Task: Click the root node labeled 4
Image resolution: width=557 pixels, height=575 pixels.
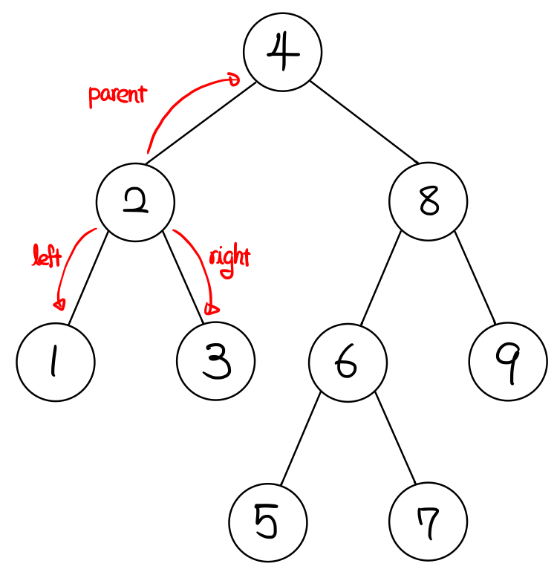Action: point(282,53)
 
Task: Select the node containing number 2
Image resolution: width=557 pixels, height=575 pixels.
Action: point(136,202)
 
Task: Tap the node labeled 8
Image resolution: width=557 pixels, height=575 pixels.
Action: point(429,202)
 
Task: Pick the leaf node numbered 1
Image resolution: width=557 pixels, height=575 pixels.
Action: point(56,363)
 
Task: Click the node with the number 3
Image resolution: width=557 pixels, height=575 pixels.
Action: point(216,363)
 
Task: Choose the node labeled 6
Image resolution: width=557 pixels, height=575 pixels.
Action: point(348,363)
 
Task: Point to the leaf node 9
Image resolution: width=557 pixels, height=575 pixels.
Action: point(509,363)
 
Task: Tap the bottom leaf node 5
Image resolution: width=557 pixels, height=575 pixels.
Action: point(268,522)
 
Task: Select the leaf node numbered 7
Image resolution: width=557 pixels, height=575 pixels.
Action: point(429,522)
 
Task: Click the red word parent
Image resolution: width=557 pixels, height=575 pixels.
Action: point(117,96)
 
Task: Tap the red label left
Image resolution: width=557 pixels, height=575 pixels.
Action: point(46,257)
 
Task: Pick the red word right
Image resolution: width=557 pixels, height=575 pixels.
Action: point(229,259)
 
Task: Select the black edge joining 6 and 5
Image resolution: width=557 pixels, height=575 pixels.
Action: point(301,441)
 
